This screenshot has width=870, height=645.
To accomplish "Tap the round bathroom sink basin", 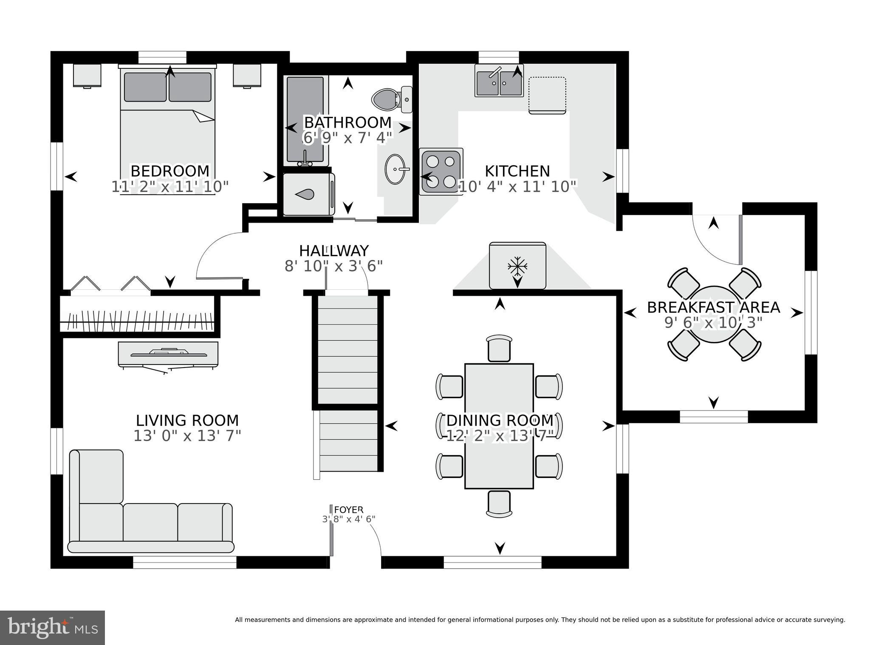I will click(395, 169).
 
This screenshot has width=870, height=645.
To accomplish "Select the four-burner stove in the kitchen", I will click(441, 172).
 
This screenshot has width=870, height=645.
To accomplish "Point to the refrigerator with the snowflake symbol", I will click(517, 266).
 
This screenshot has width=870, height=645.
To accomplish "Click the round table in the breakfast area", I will click(714, 314).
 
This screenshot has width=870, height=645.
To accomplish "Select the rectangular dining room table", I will click(499, 426).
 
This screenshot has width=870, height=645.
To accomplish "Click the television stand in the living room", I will click(168, 354).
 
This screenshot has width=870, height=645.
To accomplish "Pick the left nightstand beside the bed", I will click(87, 75).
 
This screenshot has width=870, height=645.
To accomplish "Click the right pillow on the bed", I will click(190, 87).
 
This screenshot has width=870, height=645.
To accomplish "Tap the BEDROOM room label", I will click(170, 171).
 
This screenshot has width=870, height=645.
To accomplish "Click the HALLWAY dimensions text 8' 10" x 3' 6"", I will click(333, 266).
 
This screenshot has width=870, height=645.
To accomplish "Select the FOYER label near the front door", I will click(348, 509).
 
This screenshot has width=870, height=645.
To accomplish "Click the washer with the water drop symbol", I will click(308, 194).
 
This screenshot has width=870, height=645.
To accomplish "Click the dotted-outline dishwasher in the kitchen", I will click(547, 95).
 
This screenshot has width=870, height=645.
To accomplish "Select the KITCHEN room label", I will click(517, 171).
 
